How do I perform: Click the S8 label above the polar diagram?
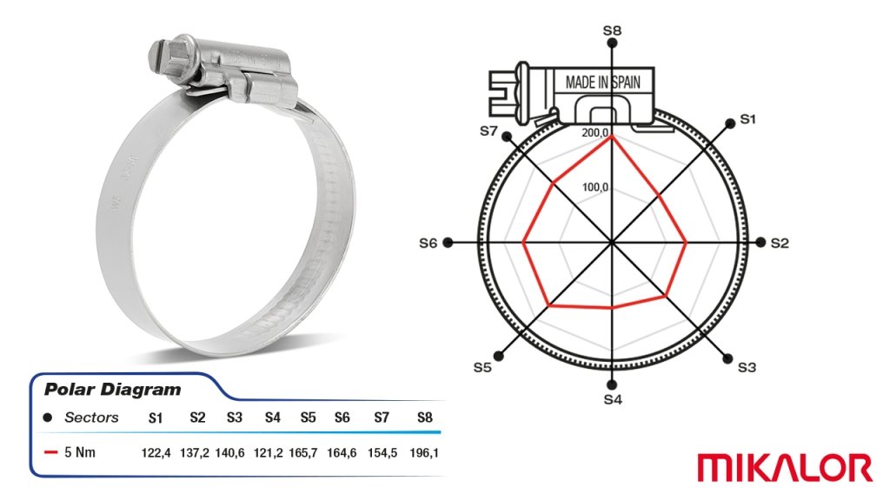click(612, 30)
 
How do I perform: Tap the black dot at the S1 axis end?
click(730, 124)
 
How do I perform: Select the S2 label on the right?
click(780, 244)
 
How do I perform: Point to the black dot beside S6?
click(448, 243)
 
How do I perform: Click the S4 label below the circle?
click(613, 399)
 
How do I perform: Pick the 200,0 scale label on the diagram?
click(594, 133)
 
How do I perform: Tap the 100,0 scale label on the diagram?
click(594, 187)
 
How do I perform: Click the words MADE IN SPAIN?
click(603, 83)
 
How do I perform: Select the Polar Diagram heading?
click(112, 390)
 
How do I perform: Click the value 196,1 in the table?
click(424, 452)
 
